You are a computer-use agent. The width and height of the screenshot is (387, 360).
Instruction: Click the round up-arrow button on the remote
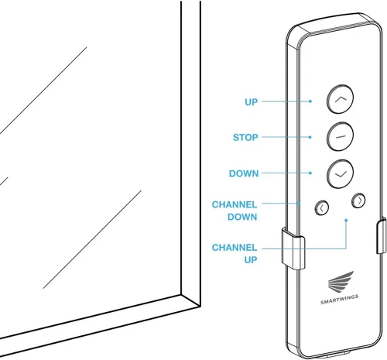340,99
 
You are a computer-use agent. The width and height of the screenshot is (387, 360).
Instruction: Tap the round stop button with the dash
340,136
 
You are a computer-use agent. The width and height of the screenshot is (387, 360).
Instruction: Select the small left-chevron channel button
322,207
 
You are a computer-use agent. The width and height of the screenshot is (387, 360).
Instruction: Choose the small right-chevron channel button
358,201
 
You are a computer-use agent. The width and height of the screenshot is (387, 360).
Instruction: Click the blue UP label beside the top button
251,102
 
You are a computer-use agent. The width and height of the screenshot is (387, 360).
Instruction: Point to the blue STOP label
245,137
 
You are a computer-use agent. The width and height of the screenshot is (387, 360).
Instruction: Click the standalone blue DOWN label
244,173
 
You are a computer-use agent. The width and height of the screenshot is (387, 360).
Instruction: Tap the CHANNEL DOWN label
235,211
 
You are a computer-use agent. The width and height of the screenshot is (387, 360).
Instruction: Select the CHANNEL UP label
235,253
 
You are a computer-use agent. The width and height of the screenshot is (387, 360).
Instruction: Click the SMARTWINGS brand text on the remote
339,300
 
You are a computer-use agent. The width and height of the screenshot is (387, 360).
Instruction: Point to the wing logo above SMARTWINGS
341,281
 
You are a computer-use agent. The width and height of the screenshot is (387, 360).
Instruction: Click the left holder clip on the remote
293,249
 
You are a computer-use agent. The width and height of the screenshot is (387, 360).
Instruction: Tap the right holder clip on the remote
382,235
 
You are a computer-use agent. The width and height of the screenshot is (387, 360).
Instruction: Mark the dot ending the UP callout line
310,101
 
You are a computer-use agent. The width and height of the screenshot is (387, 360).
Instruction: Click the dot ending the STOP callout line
310,137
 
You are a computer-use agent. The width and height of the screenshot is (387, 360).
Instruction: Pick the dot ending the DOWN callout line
310,173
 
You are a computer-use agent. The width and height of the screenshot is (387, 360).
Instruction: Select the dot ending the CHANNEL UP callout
346,220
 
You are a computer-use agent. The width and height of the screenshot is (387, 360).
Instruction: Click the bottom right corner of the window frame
200,307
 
